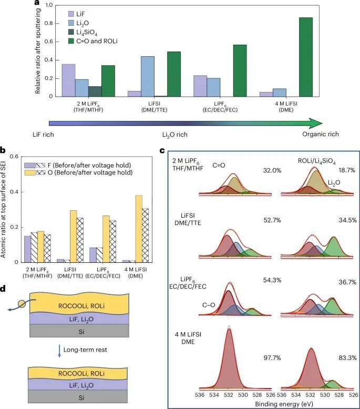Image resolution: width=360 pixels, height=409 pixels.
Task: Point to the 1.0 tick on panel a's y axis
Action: tap(43, 5)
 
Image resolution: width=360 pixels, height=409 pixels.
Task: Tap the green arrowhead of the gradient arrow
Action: tap(315, 123)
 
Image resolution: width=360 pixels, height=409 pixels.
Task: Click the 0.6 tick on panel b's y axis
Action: tap(19, 157)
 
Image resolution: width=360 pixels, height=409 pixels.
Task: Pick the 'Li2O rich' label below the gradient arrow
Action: tap(175, 135)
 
